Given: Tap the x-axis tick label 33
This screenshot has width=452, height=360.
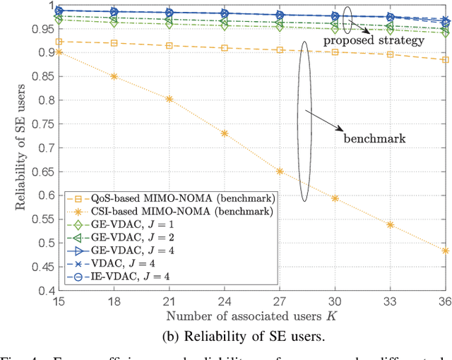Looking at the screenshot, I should point(390,300).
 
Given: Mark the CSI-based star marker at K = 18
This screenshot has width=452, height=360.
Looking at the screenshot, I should point(113,76).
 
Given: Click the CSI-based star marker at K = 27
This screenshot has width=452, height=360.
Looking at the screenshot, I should point(280,171).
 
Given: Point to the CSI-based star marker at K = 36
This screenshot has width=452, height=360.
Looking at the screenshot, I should point(445,251).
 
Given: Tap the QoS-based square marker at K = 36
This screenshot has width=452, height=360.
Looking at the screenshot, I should point(445,59).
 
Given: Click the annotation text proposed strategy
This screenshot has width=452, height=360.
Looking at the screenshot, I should point(374,40).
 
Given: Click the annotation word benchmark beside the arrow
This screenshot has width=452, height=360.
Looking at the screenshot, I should point(374,138).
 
